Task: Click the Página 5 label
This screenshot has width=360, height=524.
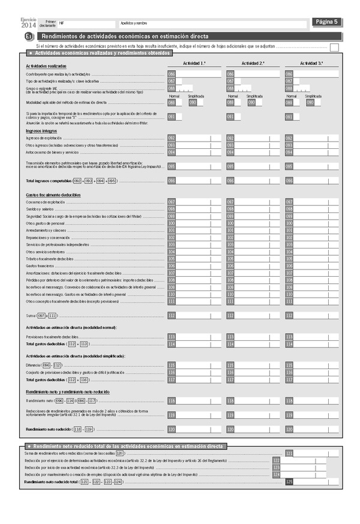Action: pos(327,22)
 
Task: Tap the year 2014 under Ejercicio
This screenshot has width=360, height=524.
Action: pos(28,25)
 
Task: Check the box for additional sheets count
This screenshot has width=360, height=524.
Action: pos(334,47)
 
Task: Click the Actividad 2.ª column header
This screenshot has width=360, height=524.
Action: pos(253,63)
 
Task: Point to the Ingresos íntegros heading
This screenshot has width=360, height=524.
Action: pos(41,130)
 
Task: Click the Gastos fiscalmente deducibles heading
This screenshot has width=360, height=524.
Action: pos(53,195)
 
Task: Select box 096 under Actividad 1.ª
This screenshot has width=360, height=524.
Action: pos(172,181)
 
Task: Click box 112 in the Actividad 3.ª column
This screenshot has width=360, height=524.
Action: pos(289,316)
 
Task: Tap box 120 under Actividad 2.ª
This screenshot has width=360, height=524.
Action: pos(230,430)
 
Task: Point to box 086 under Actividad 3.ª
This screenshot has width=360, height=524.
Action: pos(289,74)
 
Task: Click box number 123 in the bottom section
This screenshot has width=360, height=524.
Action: pos(277,468)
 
